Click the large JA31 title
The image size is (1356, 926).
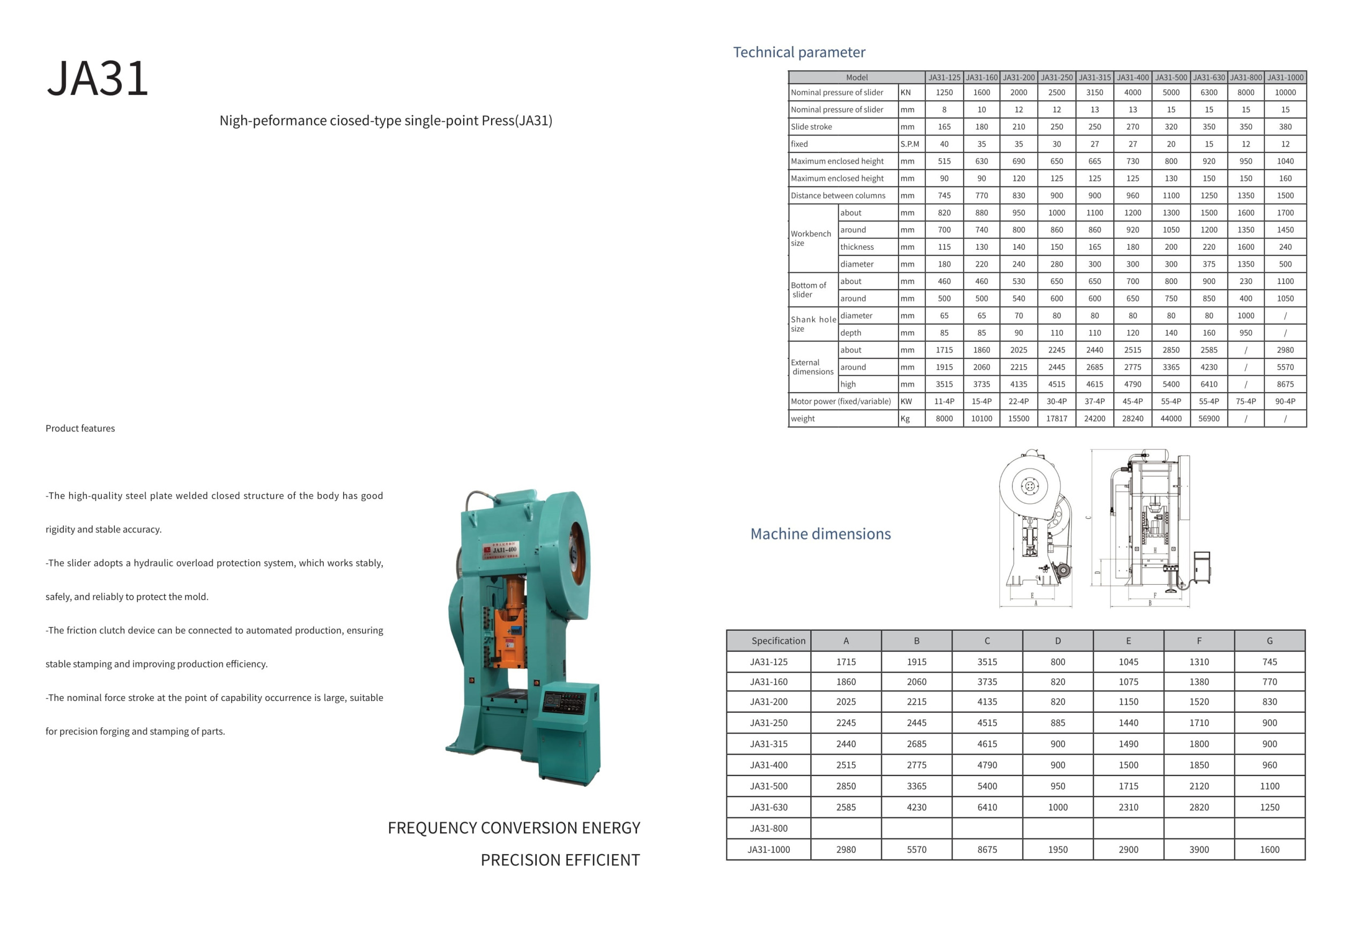coord(98,78)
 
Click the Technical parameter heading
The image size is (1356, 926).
coord(799,53)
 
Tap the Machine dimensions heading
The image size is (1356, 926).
coord(820,534)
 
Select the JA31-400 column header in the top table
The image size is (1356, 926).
coord(1132,78)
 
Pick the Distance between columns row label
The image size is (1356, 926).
coord(838,196)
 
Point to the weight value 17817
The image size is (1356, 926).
coord(1056,419)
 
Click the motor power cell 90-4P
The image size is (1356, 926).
coord(1285,402)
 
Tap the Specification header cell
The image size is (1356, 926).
coord(778,641)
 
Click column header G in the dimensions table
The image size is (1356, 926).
coord(1269,641)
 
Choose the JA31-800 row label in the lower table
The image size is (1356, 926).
coord(768,828)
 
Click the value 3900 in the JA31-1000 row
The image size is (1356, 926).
coord(1198,849)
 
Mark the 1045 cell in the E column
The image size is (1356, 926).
coord(1128,662)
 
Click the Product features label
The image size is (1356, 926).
coord(80,429)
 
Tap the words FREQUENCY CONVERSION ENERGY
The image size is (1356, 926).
coord(514,828)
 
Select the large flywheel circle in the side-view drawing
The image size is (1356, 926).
coord(1029,486)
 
